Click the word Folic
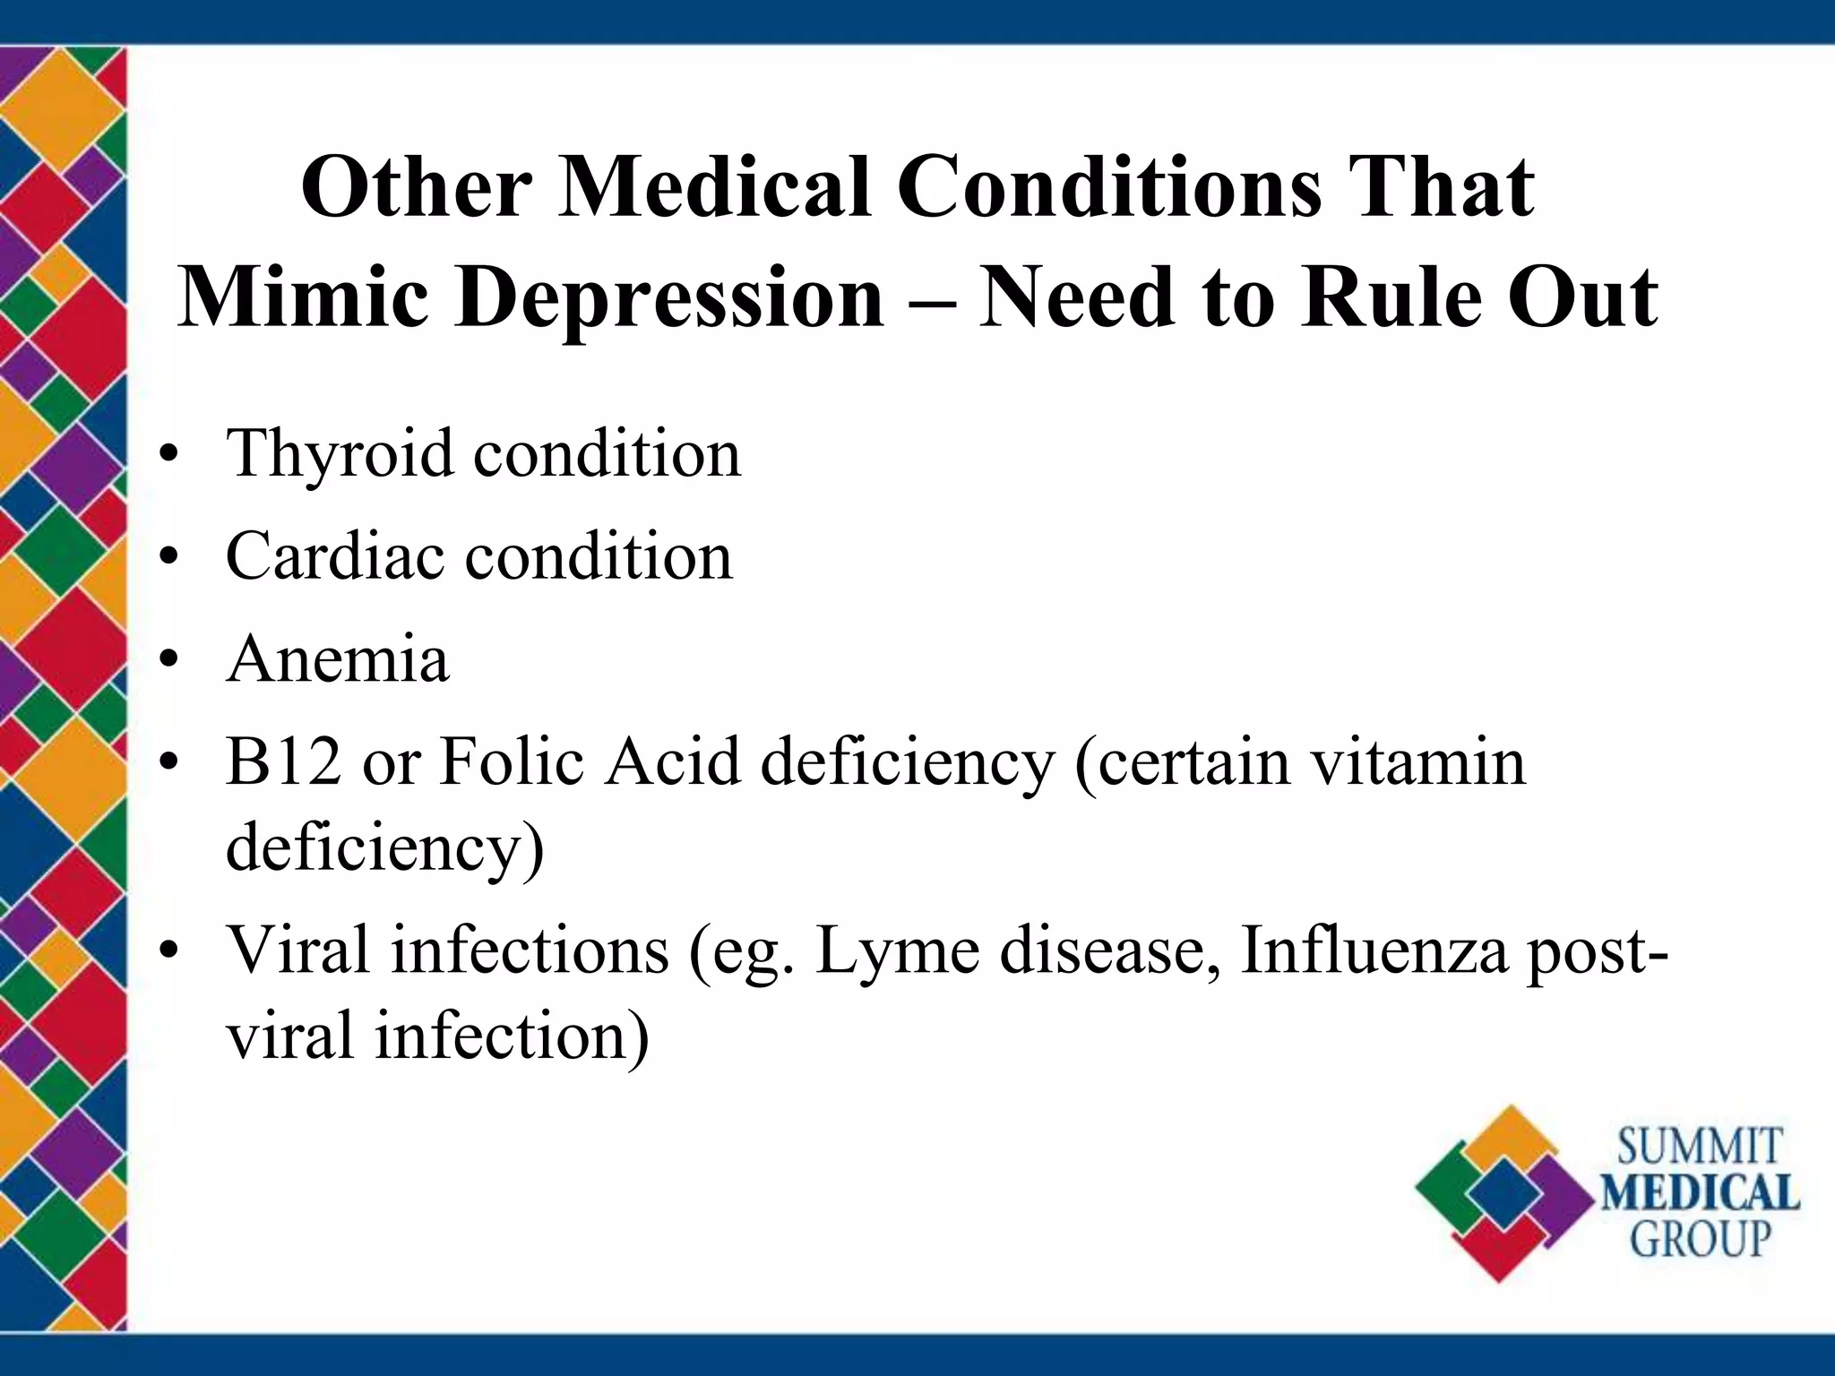click(512, 761)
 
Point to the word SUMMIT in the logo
click(1699, 1148)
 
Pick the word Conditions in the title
click(1109, 187)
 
